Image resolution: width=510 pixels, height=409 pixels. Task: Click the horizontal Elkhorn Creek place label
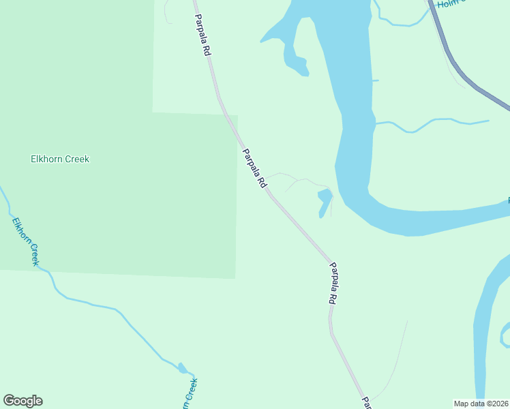(x=60, y=159)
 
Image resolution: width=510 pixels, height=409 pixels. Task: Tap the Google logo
(x=22, y=401)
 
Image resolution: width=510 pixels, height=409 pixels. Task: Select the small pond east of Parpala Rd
(x=324, y=201)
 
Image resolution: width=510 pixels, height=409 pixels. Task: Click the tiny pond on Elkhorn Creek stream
(x=182, y=368)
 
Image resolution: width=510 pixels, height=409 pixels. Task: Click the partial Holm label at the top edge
(x=450, y=4)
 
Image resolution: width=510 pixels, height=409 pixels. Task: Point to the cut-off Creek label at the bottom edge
(x=190, y=394)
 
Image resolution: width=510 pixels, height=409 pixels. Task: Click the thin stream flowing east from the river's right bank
(x=436, y=121)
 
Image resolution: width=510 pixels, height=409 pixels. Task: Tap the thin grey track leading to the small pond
(x=300, y=180)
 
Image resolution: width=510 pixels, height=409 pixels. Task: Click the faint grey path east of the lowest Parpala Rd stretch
(x=395, y=361)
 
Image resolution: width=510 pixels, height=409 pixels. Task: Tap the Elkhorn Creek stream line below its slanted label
(x=102, y=306)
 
